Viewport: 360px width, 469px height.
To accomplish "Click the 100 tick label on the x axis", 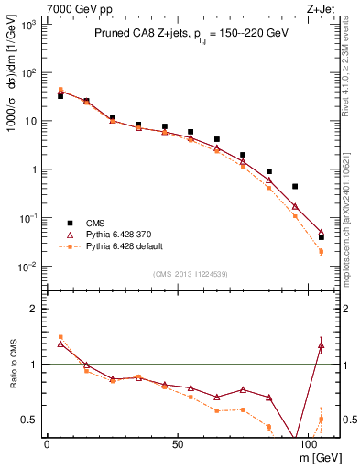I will click(312, 446).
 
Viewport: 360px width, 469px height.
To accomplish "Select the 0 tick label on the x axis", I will click(47, 446).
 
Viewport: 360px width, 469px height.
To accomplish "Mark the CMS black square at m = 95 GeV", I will click(294, 186).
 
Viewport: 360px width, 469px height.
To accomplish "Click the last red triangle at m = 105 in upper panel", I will click(321, 233).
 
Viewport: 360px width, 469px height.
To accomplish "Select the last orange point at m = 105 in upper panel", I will click(321, 251).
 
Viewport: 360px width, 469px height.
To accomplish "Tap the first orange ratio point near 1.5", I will click(60, 337).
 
